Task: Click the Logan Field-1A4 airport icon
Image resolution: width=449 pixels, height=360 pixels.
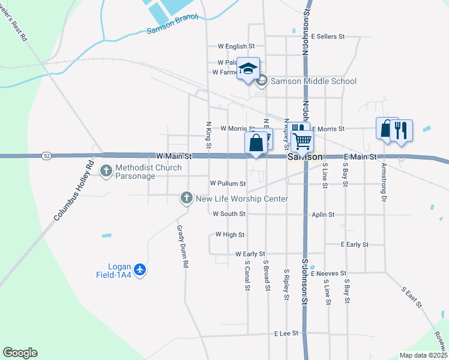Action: click(x=140, y=270)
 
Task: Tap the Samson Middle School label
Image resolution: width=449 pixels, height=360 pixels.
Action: click(x=313, y=81)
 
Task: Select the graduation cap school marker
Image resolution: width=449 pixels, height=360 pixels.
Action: click(x=247, y=69)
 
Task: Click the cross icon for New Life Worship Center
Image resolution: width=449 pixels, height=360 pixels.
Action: click(x=187, y=197)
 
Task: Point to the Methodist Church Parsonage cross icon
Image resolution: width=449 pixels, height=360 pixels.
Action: click(x=106, y=172)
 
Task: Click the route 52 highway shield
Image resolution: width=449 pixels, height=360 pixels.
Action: click(x=46, y=156)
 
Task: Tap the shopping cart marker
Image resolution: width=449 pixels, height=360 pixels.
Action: click(x=303, y=141)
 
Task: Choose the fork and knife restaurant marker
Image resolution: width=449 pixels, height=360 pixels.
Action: click(x=402, y=130)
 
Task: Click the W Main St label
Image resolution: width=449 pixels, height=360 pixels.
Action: click(x=173, y=156)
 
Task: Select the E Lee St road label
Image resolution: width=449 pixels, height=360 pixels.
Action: click(x=286, y=333)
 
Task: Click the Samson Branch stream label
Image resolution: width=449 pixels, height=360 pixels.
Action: click(x=172, y=29)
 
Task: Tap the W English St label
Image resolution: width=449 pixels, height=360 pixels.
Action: click(x=237, y=46)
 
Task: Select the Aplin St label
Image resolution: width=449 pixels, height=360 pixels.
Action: click(x=323, y=214)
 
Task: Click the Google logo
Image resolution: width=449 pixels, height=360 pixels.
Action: click(x=20, y=353)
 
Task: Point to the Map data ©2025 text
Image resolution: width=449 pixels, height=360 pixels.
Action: click(x=423, y=355)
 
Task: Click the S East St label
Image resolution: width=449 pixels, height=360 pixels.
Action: click(x=411, y=297)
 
